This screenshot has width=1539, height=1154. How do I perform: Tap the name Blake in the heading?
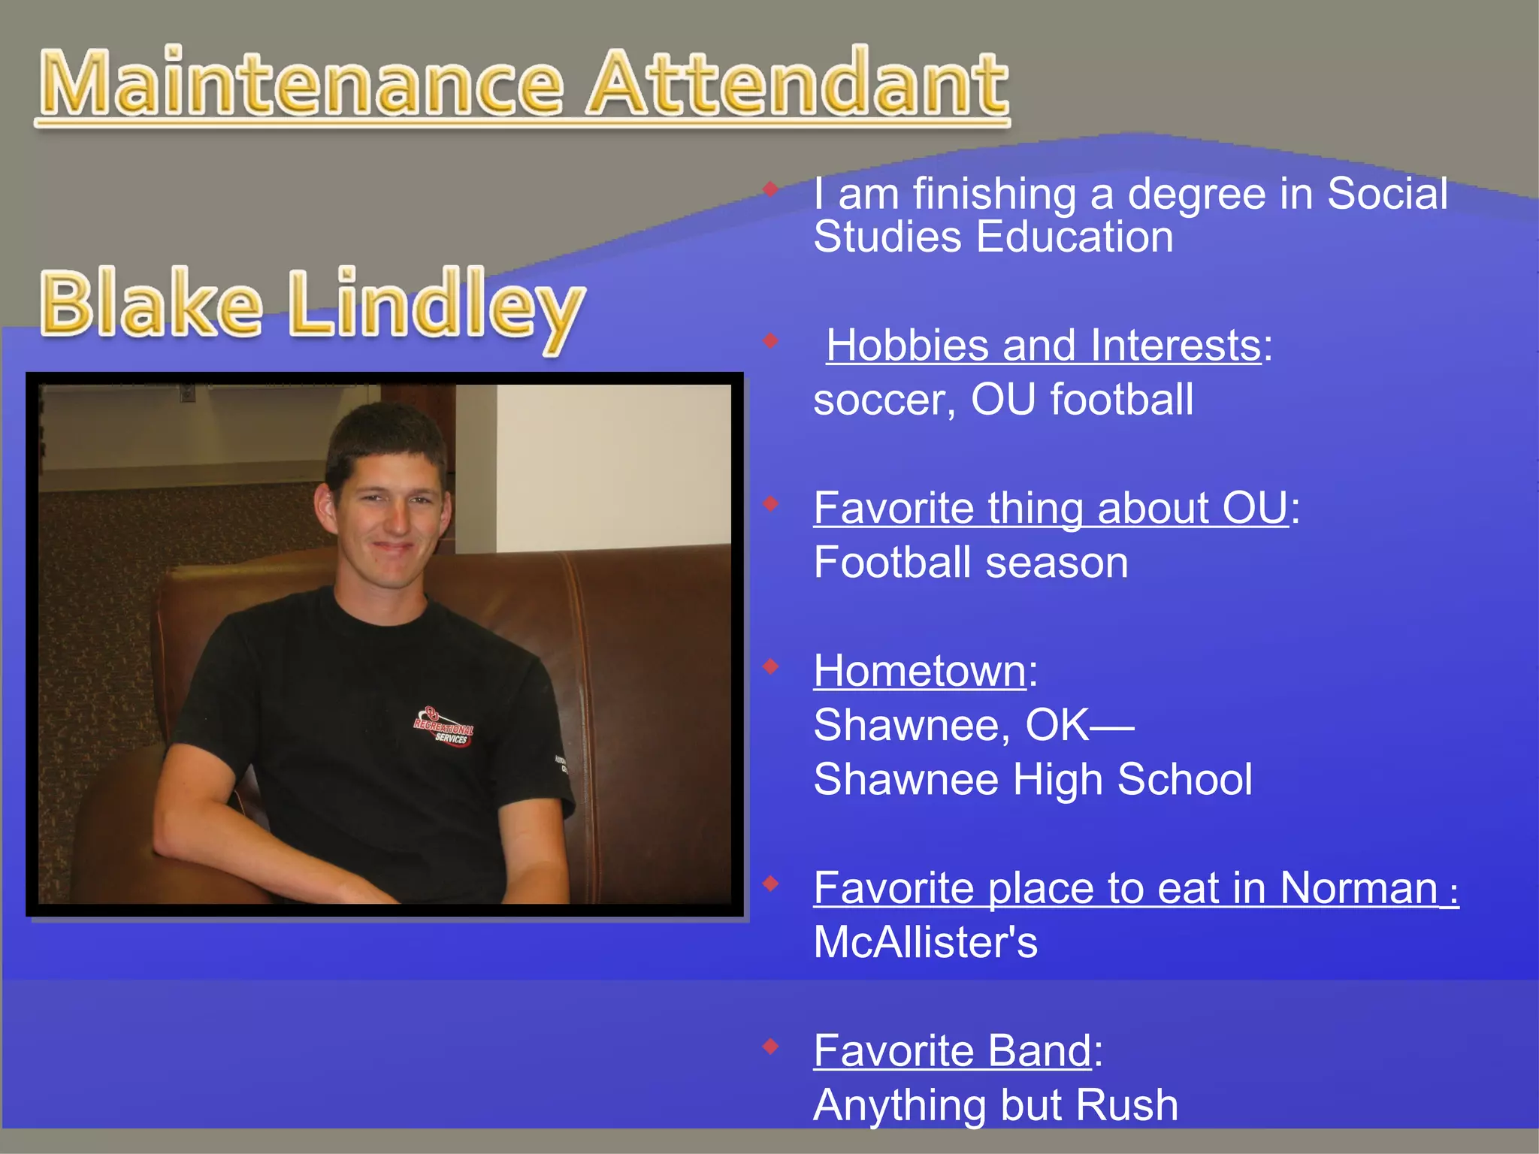pyautogui.click(x=150, y=304)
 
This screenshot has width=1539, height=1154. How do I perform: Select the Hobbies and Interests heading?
pyautogui.click(x=1043, y=346)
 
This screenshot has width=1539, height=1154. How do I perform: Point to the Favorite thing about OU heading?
pyautogui.click(x=1051, y=508)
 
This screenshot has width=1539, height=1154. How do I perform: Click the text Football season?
pyautogui.click(x=971, y=563)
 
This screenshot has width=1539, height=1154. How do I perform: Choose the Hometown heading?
pyautogui.click(x=920, y=670)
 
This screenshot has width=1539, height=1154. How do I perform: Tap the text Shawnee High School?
pyautogui.click(x=1033, y=779)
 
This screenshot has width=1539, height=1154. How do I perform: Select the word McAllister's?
pyautogui.click(x=925, y=942)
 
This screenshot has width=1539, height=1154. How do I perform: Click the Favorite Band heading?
pyautogui.click(x=952, y=1050)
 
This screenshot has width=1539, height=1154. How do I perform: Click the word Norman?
pyautogui.click(x=1359, y=888)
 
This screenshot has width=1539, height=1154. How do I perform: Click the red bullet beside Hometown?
pyautogui.click(x=770, y=666)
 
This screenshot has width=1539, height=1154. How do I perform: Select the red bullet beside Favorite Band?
pyautogui.click(x=770, y=1046)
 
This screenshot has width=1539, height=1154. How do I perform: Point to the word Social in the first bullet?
pyautogui.click(x=1386, y=194)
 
